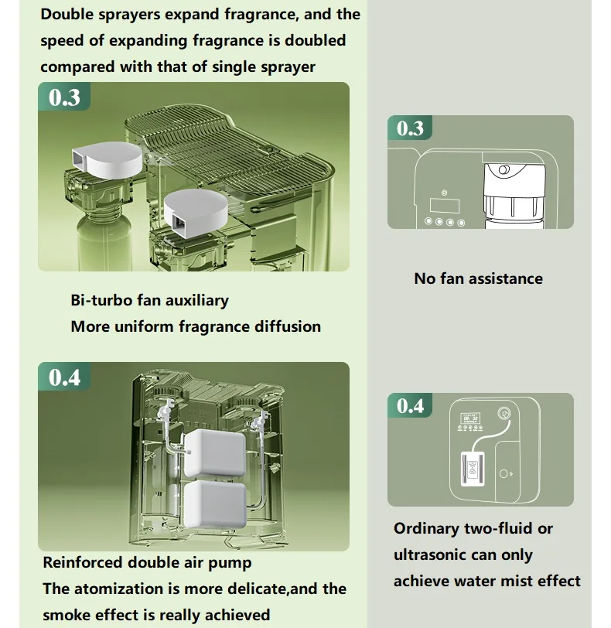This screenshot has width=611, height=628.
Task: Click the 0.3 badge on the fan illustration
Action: point(64,97)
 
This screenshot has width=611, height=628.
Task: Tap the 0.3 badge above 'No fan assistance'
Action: point(410,128)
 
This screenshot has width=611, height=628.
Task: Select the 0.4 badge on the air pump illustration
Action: point(64,377)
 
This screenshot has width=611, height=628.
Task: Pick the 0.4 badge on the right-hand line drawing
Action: point(410,405)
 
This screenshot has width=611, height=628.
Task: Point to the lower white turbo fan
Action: point(196,210)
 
